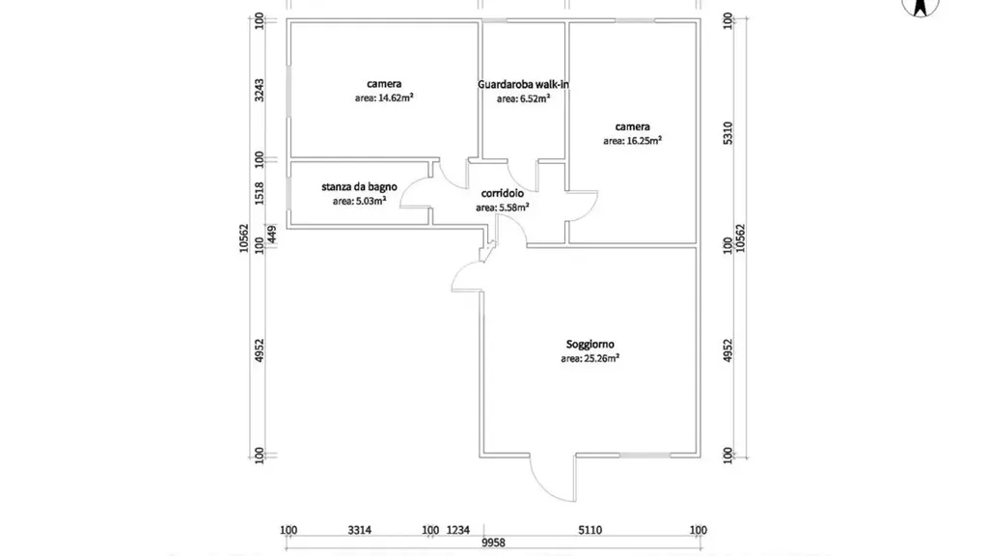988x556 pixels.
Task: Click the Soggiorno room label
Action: pyautogui.click(x=590, y=345)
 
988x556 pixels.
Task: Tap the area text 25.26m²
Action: pyautogui.click(x=590, y=358)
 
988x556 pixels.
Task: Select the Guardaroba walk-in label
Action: pyautogui.click(x=523, y=84)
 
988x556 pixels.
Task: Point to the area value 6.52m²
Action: pyautogui.click(x=523, y=98)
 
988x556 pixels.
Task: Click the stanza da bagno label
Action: pyautogui.click(x=359, y=186)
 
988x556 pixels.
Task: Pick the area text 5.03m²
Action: pyautogui.click(x=359, y=201)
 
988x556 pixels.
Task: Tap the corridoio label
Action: pyautogui.click(x=502, y=193)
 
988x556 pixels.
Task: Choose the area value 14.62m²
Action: pyautogui.click(x=384, y=97)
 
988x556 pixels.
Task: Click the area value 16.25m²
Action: pyautogui.click(x=632, y=141)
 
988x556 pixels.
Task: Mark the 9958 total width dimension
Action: pyautogui.click(x=493, y=542)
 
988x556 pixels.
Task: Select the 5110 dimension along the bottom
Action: pyautogui.click(x=590, y=530)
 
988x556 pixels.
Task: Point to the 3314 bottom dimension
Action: pyautogui.click(x=359, y=530)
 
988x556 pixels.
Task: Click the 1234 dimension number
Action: pyautogui.click(x=458, y=530)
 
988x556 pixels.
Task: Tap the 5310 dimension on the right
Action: pyautogui.click(x=727, y=133)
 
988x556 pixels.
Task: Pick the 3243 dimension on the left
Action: pyautogui.click(x=259, y=90)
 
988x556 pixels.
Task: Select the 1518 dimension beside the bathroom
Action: pyautogui.click(x=259, y=193)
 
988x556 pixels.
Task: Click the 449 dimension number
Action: pyautogui.click(x=271, y=234)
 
